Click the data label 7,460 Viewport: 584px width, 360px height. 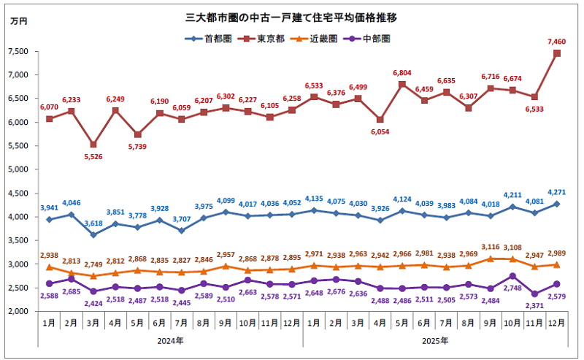[x=556, y=42]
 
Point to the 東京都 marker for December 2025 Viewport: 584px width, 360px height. [x=557, y=53]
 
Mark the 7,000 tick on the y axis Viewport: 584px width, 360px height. [x=17, y=74]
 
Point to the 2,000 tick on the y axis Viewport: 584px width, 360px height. [x=17, y=311]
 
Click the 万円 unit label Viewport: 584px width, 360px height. [x=18, y=20]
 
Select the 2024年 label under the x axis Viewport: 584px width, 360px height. [x=169, y=340]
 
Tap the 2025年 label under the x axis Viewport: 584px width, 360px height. [x=434, y=340]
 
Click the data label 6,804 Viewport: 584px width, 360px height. [x=402, y=73]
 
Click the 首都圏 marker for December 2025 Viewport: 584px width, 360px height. [x=557, y=204]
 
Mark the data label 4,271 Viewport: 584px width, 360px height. [x=556, y=193]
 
